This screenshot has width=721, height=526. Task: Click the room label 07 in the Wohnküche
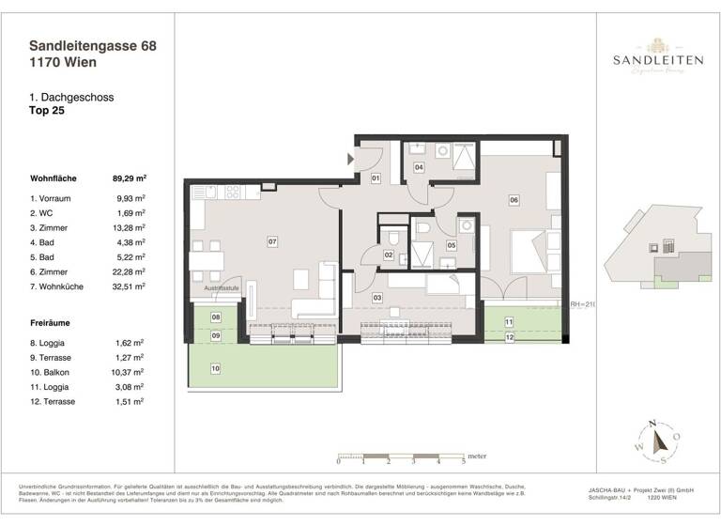point(272,242)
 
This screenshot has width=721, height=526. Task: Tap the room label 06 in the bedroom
point(514,199)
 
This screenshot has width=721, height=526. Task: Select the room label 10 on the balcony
point(215,368)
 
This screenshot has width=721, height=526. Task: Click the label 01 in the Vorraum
point(375,178)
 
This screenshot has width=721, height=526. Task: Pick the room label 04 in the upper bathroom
point(419,167)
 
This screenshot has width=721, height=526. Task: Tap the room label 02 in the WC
point(388,254)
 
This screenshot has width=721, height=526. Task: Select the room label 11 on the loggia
point(508,322)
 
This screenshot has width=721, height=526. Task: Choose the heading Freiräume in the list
point(52,321)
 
